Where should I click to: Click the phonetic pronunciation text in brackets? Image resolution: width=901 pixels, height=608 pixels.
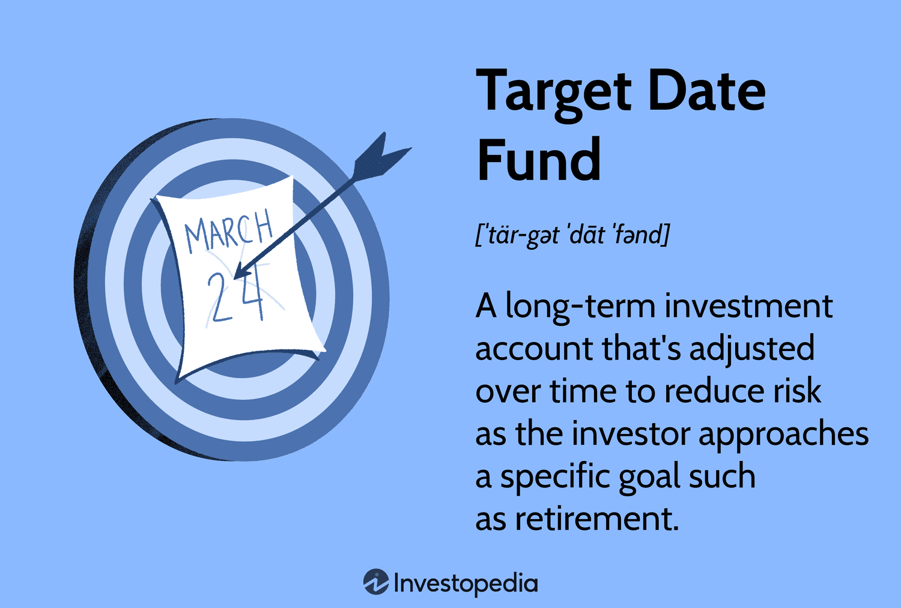click(572, 235)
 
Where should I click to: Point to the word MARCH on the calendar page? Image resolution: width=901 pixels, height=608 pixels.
click(228, 231)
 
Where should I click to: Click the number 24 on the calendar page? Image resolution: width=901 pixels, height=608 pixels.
click(235, 296)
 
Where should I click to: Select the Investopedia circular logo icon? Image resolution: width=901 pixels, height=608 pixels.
click(376, 582)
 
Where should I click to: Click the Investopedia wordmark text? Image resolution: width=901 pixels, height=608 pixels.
click(466, 583)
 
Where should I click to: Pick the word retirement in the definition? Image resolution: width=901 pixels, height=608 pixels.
click(596, 519)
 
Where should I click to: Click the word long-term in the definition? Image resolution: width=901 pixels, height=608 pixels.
click(580, 307)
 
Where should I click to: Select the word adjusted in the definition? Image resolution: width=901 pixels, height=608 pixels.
click(751, 349)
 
